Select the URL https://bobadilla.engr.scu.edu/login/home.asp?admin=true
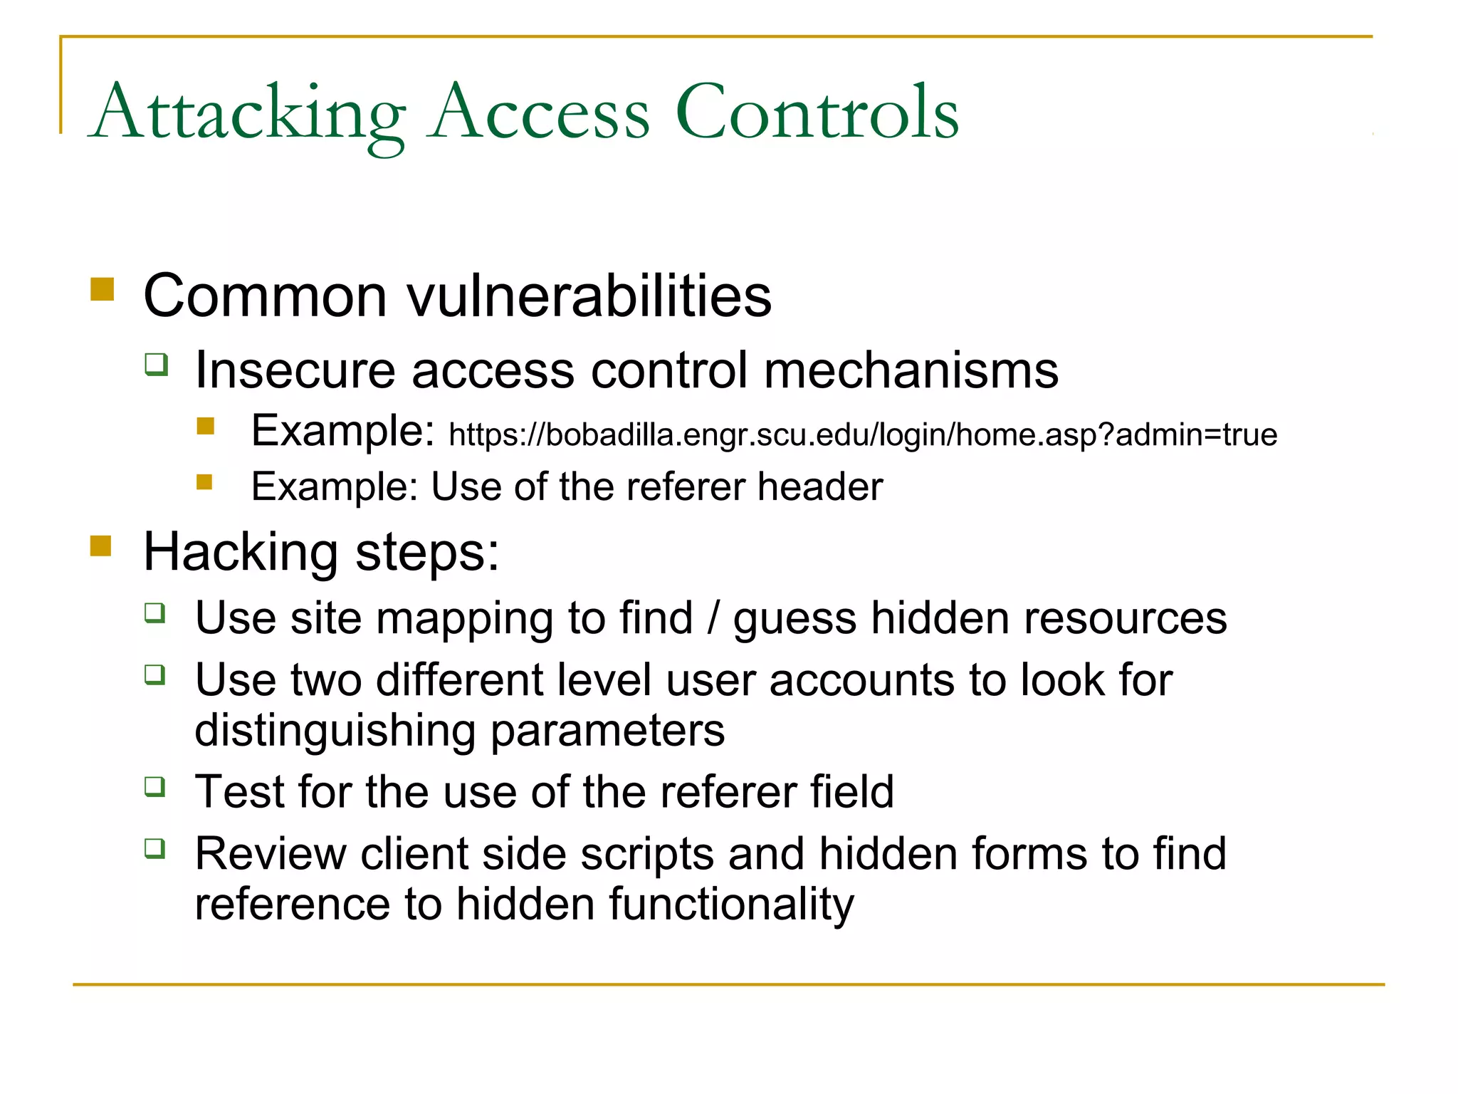[x=863, y=434]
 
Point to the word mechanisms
[x=911, y=370]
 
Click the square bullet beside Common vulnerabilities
[x=103, y=289]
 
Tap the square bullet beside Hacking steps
[x=101, y=546]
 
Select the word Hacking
[x=240, y=553]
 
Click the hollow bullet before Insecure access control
[x=157, y=365]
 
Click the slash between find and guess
[x=713, y=618]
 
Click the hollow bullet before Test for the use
[x=155, y=786]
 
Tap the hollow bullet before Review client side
[x=155, y=848]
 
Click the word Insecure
[x=295, y=370]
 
